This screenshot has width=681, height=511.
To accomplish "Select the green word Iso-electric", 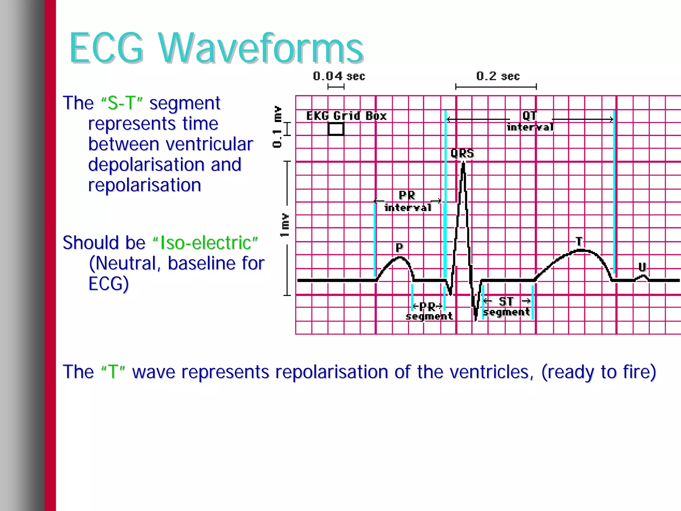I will [205, 243].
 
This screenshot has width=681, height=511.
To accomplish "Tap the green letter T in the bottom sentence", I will [113, 372].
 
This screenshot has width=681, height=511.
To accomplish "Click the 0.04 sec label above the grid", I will [339, 76].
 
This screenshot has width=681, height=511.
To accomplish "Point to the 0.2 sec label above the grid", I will [497, 76].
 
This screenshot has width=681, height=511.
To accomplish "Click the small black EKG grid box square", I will [336, 129].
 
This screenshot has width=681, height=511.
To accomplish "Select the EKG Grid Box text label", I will [346, 116].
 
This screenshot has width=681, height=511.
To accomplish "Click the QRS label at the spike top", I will [462, 153].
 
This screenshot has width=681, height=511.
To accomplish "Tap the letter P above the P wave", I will [399, 247].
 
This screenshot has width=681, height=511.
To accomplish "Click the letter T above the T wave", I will [579, 241].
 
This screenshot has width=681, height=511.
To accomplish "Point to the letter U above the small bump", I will [642, 267].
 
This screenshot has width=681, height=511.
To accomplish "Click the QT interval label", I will [530, 121].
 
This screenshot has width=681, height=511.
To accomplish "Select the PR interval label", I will [407, 201].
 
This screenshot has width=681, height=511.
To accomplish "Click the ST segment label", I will [506, 307].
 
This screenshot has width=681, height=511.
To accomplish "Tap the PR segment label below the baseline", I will [429, 311].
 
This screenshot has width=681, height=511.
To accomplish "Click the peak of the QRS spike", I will [463, 164].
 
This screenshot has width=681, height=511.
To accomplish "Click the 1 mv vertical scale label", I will [285, 225].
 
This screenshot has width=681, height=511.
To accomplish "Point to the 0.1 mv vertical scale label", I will [277, 126].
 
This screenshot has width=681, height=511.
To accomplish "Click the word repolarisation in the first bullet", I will [145, 185].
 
